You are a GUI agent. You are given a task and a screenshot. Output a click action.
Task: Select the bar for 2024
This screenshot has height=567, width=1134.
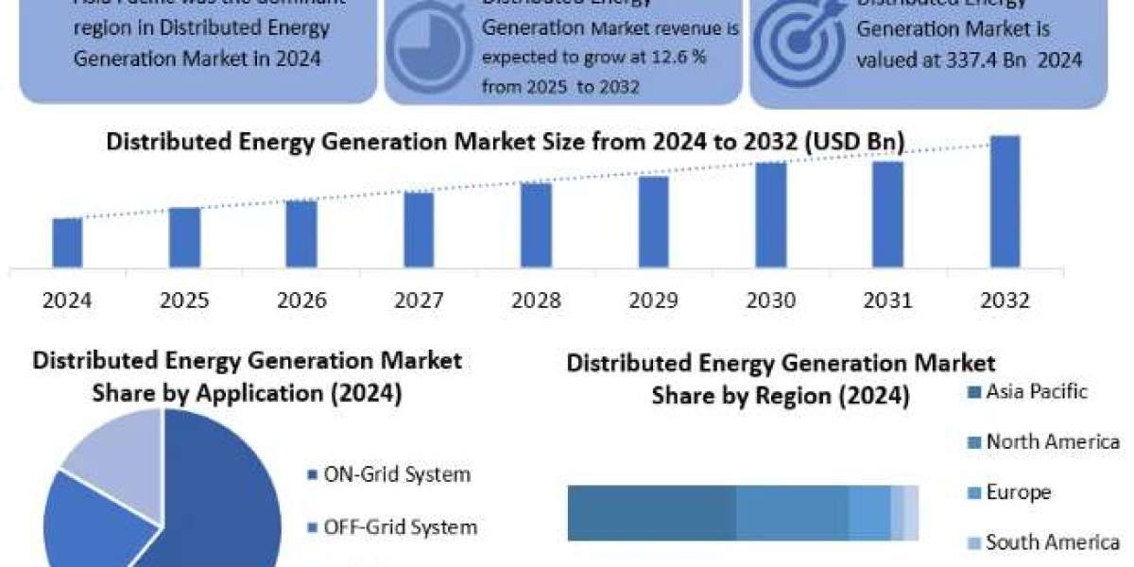pos(67,242)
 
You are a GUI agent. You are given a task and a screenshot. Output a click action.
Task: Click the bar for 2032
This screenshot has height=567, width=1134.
pos(1005,200)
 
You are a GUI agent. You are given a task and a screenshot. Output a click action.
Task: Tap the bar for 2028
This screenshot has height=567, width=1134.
pos(536,224)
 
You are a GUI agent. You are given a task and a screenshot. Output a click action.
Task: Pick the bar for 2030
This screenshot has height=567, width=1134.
pos(770,214)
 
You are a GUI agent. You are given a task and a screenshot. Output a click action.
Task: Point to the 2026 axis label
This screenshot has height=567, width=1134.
pos(301,301)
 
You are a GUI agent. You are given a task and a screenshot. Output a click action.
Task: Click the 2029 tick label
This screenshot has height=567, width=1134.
pos(653,301)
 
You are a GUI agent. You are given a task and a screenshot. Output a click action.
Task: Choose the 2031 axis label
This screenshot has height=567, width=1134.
pos(887,301)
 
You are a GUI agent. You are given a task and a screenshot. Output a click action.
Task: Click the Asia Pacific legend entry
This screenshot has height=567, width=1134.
pos(1036,391)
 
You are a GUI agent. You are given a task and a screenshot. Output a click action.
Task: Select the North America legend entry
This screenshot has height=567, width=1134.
pos(1052,441)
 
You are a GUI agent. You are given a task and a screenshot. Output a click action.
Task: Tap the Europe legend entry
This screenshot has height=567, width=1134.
pos(1018,492)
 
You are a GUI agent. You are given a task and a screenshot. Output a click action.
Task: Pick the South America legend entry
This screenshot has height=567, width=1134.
pos(1052,542)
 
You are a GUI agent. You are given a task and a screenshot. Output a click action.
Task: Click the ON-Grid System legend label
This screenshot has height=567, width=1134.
pos(396,474)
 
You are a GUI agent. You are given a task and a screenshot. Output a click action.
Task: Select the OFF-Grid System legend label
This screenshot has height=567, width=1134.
pos(400,526)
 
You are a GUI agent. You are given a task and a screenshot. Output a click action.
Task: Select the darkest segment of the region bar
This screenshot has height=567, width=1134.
pos(651,513)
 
